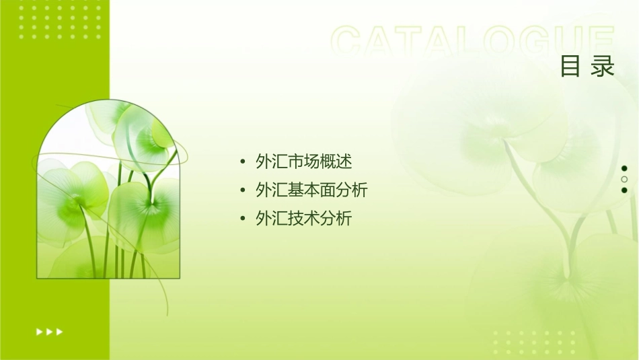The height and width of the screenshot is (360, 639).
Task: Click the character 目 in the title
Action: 570,66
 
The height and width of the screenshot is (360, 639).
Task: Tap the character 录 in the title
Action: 603,66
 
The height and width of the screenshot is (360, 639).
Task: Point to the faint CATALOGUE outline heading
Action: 473,42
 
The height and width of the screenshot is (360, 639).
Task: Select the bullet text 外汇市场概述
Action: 304,162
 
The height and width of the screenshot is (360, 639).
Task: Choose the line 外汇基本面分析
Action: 311,190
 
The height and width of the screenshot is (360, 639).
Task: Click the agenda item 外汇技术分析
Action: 304,219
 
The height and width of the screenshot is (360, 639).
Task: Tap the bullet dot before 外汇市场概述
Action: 242,162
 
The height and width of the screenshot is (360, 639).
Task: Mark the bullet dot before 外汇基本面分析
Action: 242,190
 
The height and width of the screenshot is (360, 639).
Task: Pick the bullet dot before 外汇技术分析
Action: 242,219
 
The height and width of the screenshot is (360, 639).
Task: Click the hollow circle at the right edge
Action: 624,179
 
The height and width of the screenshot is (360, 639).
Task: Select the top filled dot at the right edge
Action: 624,168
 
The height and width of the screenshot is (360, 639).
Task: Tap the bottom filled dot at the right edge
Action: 624,190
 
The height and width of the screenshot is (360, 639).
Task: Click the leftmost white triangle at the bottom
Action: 38,331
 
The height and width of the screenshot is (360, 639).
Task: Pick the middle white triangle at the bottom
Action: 49,331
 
